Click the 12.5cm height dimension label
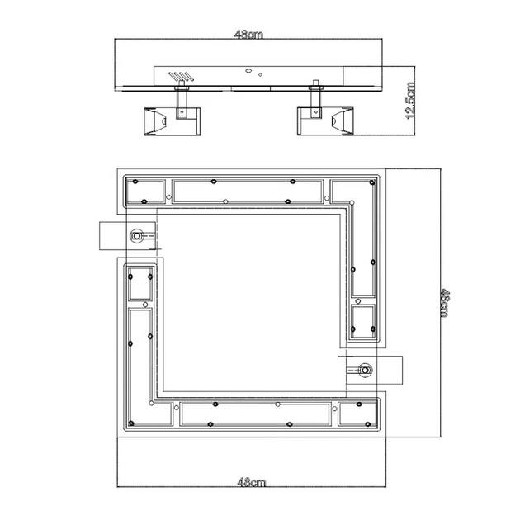tap(410, 101)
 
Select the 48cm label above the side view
tap(248, 35)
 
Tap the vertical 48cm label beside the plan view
tap(445, 304)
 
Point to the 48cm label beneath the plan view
tap(252, 482)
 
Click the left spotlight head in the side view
tap(173, 121)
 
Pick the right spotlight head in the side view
tap(325, 121)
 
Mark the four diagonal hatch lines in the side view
tap(181, 77)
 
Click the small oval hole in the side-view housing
tap(248, 71)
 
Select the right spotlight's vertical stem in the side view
tap(315, 102)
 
